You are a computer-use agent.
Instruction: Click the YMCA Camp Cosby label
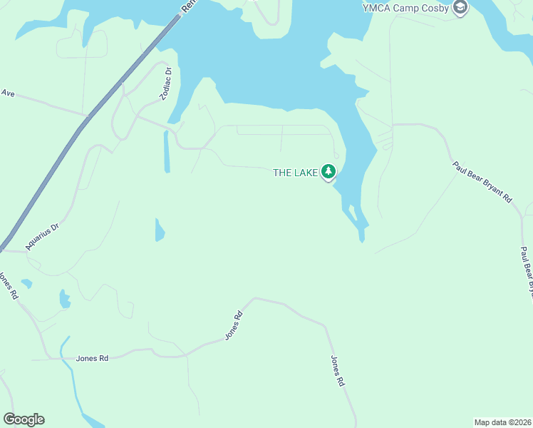[x=405, y=7]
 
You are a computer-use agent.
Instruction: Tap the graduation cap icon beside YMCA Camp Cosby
[x=460, y=7]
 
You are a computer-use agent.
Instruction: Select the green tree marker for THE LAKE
[x=328, y=171]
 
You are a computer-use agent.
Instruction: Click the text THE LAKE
[x=295, y=173]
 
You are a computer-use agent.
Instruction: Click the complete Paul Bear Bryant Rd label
[x=482, y=183]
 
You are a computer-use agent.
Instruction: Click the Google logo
[x=24, y=419]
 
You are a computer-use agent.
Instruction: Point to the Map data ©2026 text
[x=502, y=422]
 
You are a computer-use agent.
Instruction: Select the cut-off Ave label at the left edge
[x=8, y=93]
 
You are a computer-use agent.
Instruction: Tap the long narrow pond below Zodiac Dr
[x=167, y=151]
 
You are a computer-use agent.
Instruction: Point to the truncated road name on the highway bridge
[x=188, y=4]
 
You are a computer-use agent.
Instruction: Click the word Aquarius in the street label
[x=37, y=239]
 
